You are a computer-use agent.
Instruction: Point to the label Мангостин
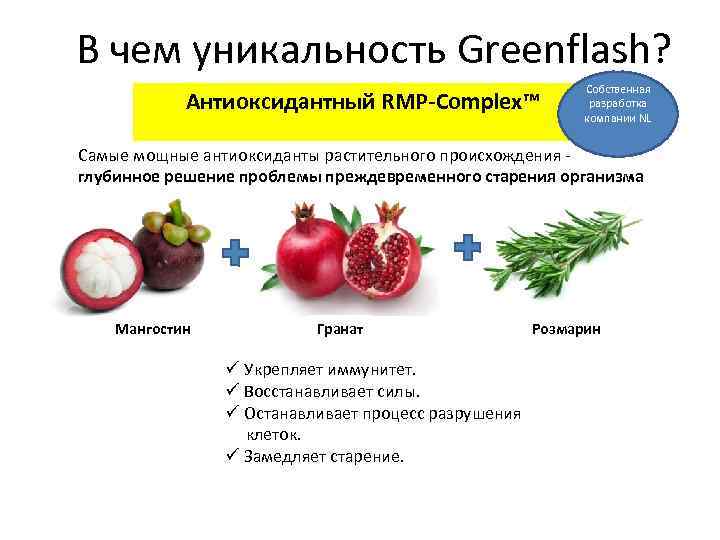coord(153,328)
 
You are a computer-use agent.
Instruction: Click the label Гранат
coord(340,328)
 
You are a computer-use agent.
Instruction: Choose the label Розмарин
coord(567,328)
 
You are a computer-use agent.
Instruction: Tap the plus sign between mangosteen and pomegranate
coord(235,252)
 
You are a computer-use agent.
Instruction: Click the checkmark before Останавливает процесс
coord(230,413)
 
